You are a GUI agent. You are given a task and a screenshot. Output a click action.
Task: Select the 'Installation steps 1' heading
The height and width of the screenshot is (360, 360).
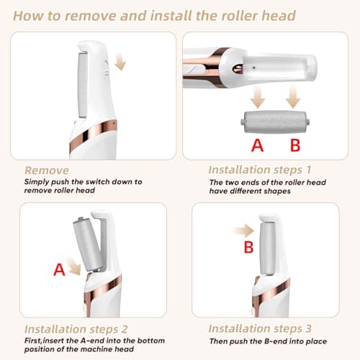pyautogui.click(x=260, y=171)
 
